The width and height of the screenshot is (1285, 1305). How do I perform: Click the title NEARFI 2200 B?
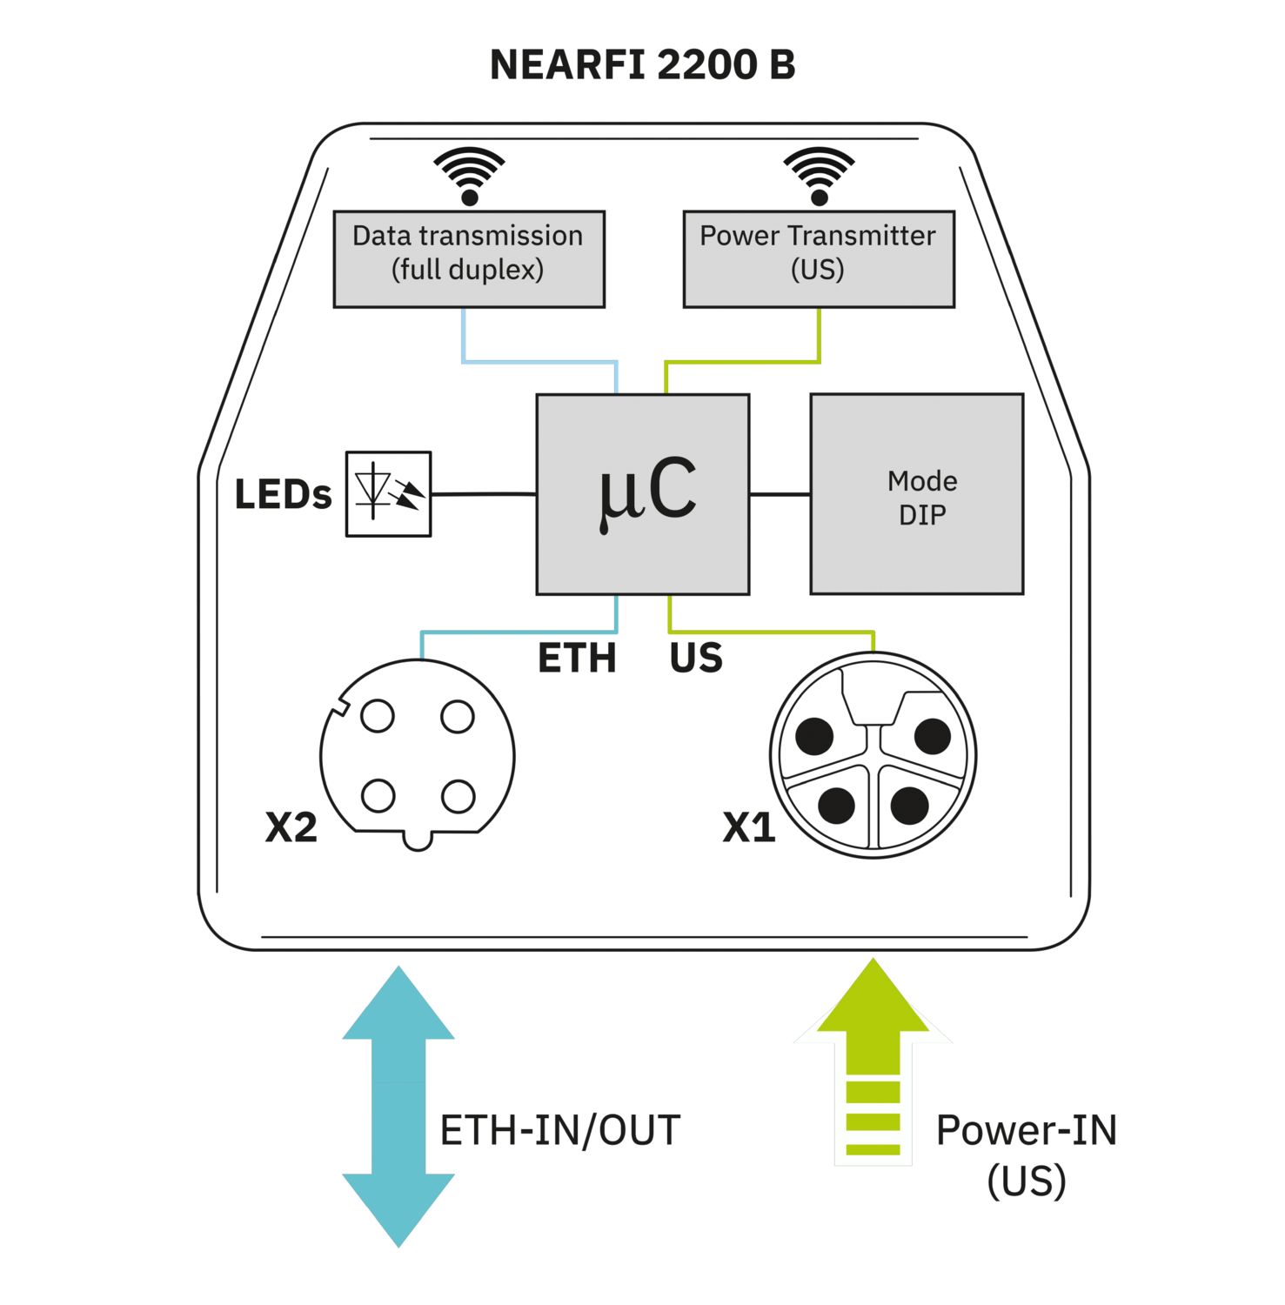[642, 65]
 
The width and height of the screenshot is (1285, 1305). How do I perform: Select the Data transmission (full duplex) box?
[468, 258]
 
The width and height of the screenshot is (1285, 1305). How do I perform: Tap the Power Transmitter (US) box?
[818, 258]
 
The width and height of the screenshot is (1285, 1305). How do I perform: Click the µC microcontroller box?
[642, 493]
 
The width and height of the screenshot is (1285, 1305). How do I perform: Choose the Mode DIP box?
[916, 493]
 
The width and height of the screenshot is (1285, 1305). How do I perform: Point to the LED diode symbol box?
[388, 493]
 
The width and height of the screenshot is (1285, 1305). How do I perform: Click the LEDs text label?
[283, 494]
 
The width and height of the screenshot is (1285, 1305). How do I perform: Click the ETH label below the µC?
[577, 658]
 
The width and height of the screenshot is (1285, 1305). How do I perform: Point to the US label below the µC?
[695, 658]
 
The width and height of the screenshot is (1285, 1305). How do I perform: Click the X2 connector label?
[291, 826]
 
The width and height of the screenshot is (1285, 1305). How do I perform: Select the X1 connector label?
[748, 826]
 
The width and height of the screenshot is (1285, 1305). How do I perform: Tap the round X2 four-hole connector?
[418, 755]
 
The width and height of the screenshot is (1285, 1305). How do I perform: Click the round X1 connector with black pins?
[873, 755]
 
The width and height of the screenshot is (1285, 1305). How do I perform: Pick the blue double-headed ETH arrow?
[398, 1106]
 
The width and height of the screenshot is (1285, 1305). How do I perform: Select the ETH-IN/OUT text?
[559, 1130]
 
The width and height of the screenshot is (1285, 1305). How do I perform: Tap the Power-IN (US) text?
[1026, 1154]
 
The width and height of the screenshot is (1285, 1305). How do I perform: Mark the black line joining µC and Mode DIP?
[780, 494]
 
